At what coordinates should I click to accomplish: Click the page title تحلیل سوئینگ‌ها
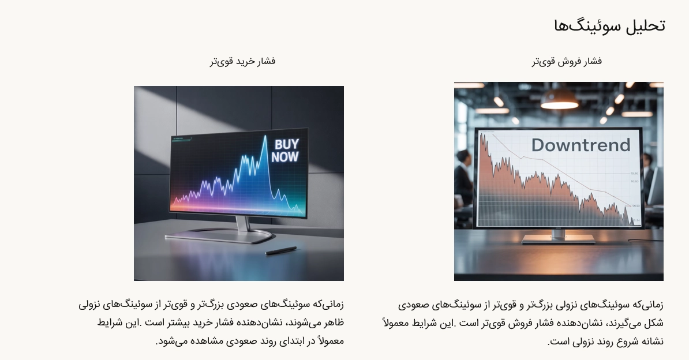pyautogui.click(x=609, y=25)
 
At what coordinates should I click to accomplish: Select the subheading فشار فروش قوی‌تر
pyautogui.click(x=567, y=62)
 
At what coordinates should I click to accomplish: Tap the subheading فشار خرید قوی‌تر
pyautogui.click(x=242, y=61)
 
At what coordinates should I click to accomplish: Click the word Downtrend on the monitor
pyautogui.click(x=581, y=145)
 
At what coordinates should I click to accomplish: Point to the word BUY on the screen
pyautogui.click(x=286, y=144)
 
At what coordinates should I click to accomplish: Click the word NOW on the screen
pyautogui.click(x=284, y=156)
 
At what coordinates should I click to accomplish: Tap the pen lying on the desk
pyautogui.click(x=281, y=250)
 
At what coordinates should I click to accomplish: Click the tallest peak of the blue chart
pyautogui.click(x=265, y=136)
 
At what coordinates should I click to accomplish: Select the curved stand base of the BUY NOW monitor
pyautogui.click(x=218, y=236)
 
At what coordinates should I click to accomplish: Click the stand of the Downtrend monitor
pyautogui.click(x=558, y=237)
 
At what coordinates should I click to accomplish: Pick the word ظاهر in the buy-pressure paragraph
pyautogui.click(x=334, y=322)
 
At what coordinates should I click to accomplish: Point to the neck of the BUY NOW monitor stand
pyautogui.click(x=243, y=224)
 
